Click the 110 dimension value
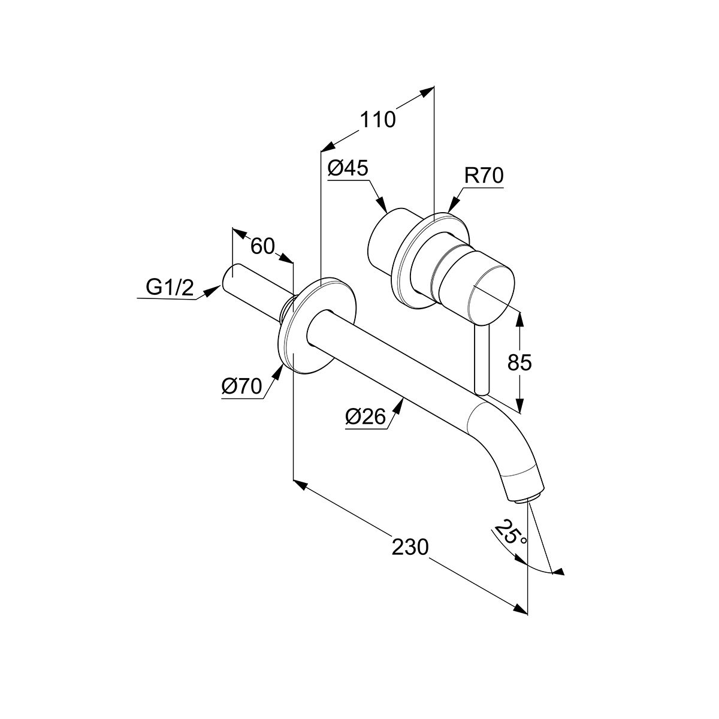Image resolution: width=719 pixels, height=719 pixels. (x=377, y=119)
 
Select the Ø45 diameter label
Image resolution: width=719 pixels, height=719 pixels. (x=347, y=168)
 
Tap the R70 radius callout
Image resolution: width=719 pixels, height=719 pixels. (x=484, y=176)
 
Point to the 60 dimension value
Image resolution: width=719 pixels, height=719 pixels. (x=262, y=246)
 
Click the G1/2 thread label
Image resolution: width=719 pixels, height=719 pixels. (x=170, y=289)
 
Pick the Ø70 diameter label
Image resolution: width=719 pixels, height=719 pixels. (x=241, y=387)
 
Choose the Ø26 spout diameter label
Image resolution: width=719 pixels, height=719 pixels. (x=365, y=416)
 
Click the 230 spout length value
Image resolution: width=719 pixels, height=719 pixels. (x=410, y=546)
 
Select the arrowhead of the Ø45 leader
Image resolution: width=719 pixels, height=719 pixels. (x=384, y=207)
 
